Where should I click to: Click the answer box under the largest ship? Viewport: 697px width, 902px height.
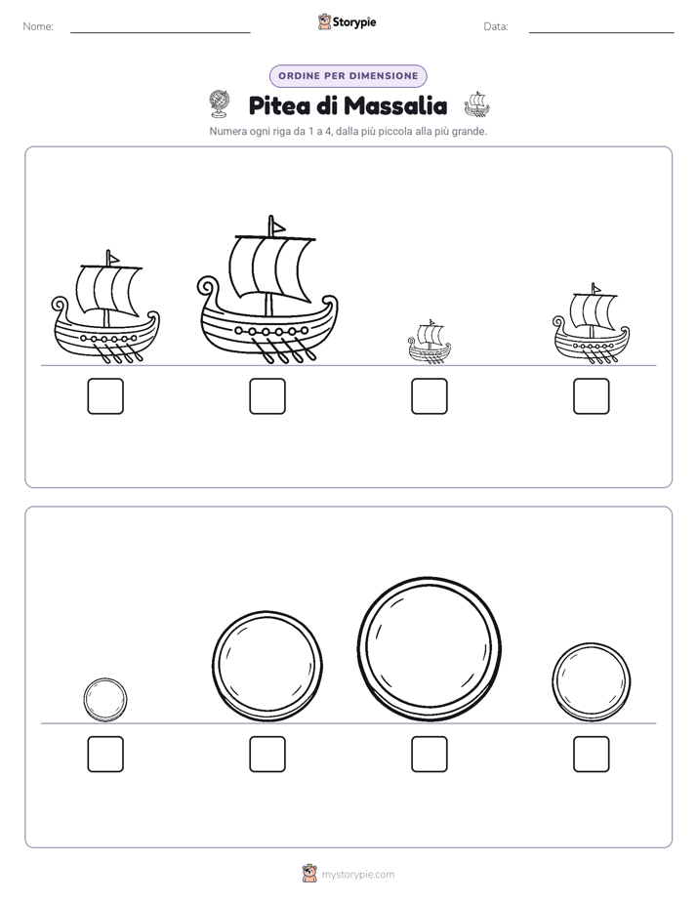(267, 396)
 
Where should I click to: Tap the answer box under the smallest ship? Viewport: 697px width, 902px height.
(430, 396)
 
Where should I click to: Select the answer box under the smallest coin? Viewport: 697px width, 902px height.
(105, 755)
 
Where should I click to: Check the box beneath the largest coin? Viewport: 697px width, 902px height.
(430, 755)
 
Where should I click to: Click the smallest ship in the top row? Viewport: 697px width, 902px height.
(430, 343)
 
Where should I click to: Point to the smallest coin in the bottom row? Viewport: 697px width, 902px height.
(105, 700)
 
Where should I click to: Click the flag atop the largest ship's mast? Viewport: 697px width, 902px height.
(277, 226)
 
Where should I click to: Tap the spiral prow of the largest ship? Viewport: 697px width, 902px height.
(208, 288)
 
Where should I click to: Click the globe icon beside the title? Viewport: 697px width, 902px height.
(219, 104)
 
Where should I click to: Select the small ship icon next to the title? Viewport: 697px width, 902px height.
(476, 104)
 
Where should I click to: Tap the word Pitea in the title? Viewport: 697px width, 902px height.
(279, 105)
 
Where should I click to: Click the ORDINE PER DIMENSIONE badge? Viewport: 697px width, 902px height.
(348, 76)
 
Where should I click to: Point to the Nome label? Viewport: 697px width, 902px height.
(38, 26)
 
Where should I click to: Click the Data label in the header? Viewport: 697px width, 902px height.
(496, 26)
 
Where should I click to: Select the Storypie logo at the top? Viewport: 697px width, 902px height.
(347, 21)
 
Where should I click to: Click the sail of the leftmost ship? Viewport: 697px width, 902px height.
(108, 290)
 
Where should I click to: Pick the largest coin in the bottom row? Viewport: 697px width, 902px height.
(429, 649)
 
